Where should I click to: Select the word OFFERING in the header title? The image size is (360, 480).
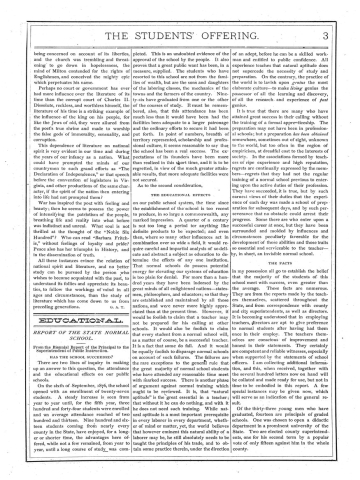[x=244, y=12]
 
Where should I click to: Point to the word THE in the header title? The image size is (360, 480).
[x=112, y=12]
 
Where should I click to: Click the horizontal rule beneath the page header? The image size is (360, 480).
[x=180, y=24]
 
